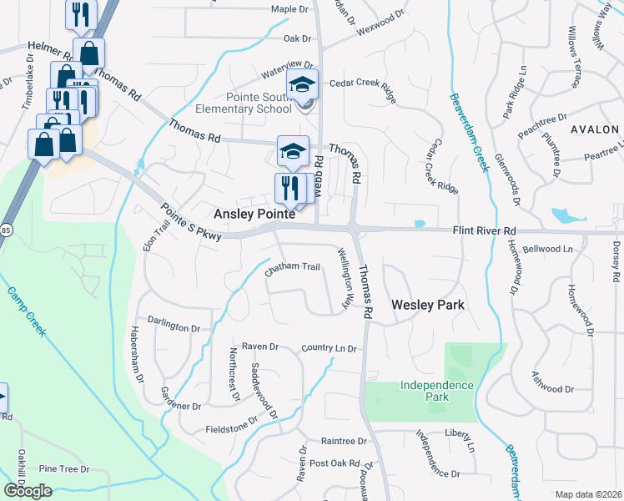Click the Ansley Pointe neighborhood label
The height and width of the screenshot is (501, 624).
pyautogui.click(x=255, y=215)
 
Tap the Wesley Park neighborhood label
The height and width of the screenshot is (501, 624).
pyautogui.click(x=427, y=306)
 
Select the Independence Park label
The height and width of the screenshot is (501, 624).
pyautogui.click(x=436, y=391)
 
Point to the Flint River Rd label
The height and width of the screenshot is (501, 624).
pyautogui.click(x=485, y=230)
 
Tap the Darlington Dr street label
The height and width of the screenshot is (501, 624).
pyautogui.click(x=174, y=320)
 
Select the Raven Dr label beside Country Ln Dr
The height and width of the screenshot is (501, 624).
pyautogui.click(x=259, y=347)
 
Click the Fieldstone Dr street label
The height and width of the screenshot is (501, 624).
pyautogui.click(x=233, y=428)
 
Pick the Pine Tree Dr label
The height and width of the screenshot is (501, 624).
pyautogui.click(x=63, y=469)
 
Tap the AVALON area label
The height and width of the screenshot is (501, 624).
pyautogui.click(x=594, y=129)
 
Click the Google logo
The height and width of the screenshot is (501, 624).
pyautogui.click(x=28, y=491)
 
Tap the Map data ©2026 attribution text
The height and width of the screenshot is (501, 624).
pyautogui.click(x=588, y=494)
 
